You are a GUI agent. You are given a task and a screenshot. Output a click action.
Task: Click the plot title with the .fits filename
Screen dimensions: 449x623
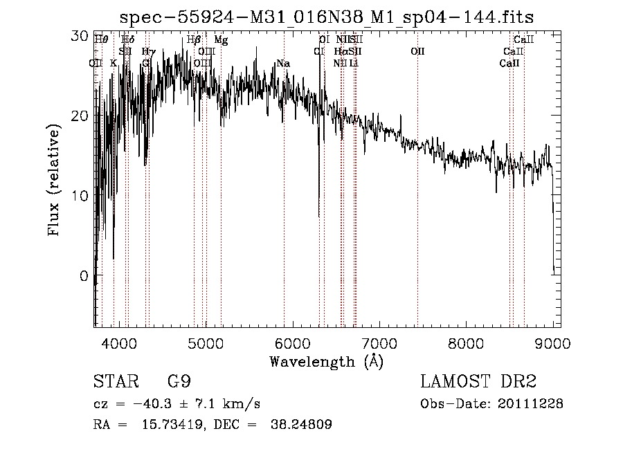click(x=327, y=16)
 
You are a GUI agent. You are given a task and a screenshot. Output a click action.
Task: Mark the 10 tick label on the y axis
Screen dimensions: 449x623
click(x=80, y=196)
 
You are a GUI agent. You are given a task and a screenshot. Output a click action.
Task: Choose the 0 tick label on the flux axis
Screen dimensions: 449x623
click(x=84, y=276)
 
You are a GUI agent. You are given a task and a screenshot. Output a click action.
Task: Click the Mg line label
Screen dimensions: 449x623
click(x=221, y=40)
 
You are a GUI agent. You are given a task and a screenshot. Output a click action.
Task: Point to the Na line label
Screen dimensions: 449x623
click(x=282, y=64)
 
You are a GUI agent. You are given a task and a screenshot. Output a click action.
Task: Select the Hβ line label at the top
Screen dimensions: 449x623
click(x=194, y=40)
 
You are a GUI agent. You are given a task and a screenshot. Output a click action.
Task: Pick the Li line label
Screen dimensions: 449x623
click(x=354, y=64)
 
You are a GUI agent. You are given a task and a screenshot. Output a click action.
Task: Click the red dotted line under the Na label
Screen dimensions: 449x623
click(x=284, y=208)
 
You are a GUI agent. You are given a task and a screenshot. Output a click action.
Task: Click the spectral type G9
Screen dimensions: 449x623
click(x=179, y=382)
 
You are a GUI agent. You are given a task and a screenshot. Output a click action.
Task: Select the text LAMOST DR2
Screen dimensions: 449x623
click(x=478, y=382)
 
